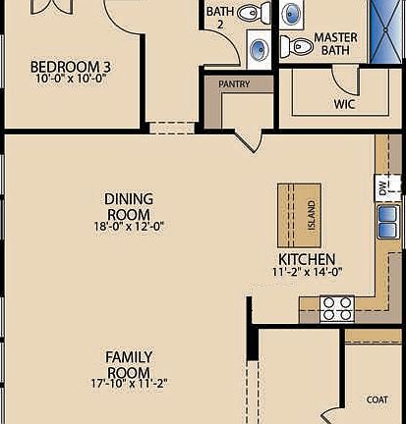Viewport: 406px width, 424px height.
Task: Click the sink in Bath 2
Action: coord(257,46)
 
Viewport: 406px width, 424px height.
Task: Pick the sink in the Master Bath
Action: coord(293,14)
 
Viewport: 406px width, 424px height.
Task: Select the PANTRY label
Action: coord(233,84)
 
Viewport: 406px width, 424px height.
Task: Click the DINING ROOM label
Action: coord(128,206)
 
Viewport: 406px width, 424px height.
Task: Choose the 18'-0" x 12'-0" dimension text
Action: coord(128,226)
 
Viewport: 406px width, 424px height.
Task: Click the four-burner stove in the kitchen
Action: coord(337,308)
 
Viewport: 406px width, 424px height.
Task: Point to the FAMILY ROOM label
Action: coord(128,364)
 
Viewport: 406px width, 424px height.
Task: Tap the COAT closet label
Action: coord(377,398)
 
